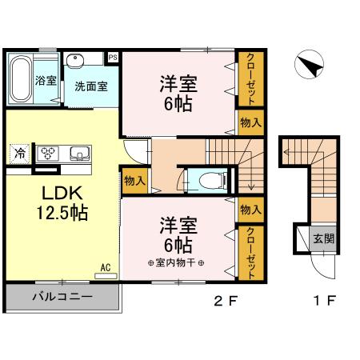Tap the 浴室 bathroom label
46,81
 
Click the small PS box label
113,57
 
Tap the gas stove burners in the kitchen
50,154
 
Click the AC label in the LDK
105,266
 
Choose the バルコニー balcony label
62,297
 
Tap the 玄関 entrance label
322,238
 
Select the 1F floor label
323,302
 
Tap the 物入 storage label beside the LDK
134,181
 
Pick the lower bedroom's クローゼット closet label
250,251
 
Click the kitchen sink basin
80,154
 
